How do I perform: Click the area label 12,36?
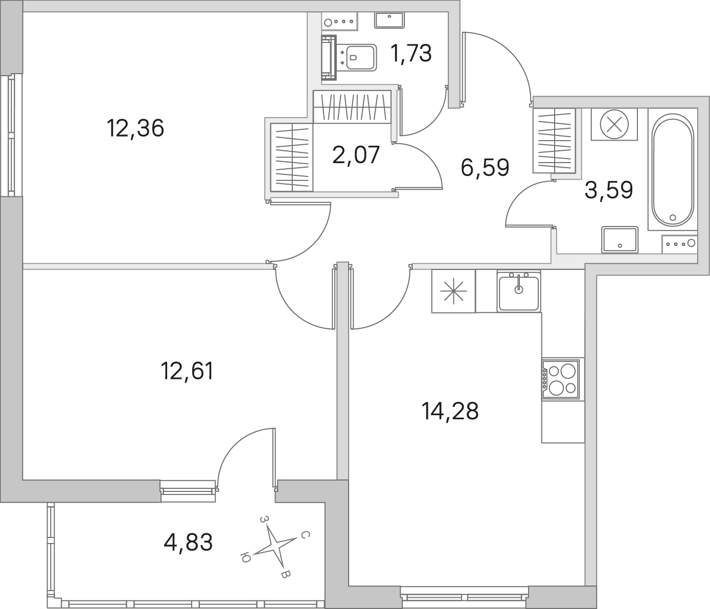coord(135,128)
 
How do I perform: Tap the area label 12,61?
coord(187,371)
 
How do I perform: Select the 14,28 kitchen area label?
coord(450,411)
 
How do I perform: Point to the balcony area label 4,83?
coord(188,543)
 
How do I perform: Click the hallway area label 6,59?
coord(485,168)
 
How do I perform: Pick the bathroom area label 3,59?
coord(609,190)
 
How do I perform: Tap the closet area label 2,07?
coord(356,154)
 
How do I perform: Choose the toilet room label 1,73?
coord(411,54)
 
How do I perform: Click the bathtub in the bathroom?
coord(673,169)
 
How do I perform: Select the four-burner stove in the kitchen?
coord(561,379)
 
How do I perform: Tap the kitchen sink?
coord(519,291)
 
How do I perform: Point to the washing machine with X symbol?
coord(614,124)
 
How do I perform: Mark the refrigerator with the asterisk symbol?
coord(453,291)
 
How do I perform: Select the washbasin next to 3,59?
coord(620,239)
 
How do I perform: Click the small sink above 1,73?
coord(390,20)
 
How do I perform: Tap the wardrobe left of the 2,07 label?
coord(292,157)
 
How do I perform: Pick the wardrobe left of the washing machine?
coord(554,141)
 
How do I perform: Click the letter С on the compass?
coord(305,535)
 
